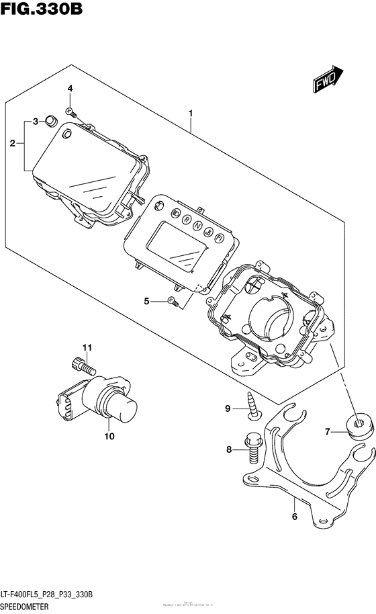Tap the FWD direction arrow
pyautogui.click(x=328, y=79)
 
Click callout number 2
pyautogui.click(x=12, y=143)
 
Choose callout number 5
pyautogui.click(x=147, y=301)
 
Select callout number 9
pyautogui.click(x=228, y=408)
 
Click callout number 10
pyautogui.click(x=109, y=435)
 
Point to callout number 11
pyautogui.click(x=86, y=347)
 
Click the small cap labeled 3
pyautogui.click(x=49, y=122)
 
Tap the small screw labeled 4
pyautogui.click(x=70, y=109)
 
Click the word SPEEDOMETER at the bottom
pyautogui.click(x=34, y=606)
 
